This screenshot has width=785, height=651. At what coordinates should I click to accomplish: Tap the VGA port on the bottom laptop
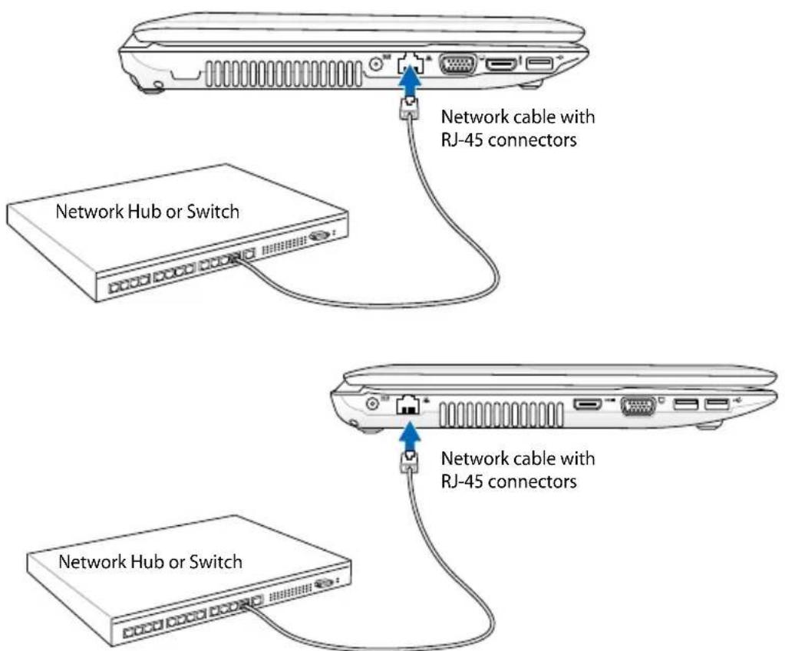(637, 407)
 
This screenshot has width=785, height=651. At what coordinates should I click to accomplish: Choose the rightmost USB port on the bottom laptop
(716, 405)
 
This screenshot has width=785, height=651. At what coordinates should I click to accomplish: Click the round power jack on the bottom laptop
(374, 403)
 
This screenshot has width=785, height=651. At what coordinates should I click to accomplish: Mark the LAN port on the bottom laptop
(407, 407)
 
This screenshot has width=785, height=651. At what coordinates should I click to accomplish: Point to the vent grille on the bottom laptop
(503, 414)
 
